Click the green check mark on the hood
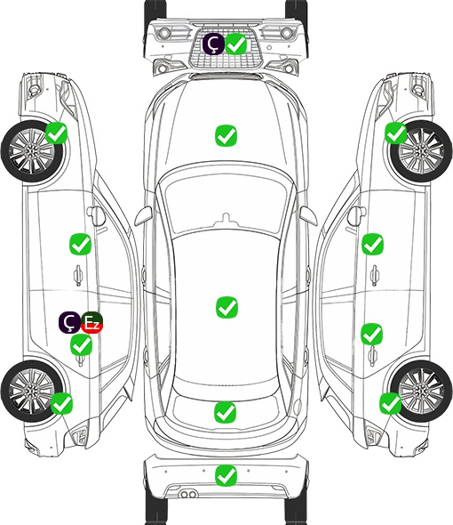tap(226, 135)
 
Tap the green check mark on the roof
tap(226, 307)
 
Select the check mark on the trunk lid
tap(225, 412)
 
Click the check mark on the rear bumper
tap(226, 475)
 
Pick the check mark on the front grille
tap(236, 44)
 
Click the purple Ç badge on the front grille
tap(213, 44)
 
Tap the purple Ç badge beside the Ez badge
tap(69, 322)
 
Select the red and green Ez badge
tap(92, 322)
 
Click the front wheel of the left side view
tap(33, 151)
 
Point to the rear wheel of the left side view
tap(32, 391)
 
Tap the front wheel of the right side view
tap(421, 151)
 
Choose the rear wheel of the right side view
tap(421, 391)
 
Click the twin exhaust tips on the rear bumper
tap(188, 494)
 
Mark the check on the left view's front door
tap(80, 244)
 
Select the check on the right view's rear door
tap(372, 334)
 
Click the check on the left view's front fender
tap(56, 133)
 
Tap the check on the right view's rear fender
tap(390, 403)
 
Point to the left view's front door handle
tap(78, 275)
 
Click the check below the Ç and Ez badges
tap(81, 345)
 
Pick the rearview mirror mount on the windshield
tap(227, 219)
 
